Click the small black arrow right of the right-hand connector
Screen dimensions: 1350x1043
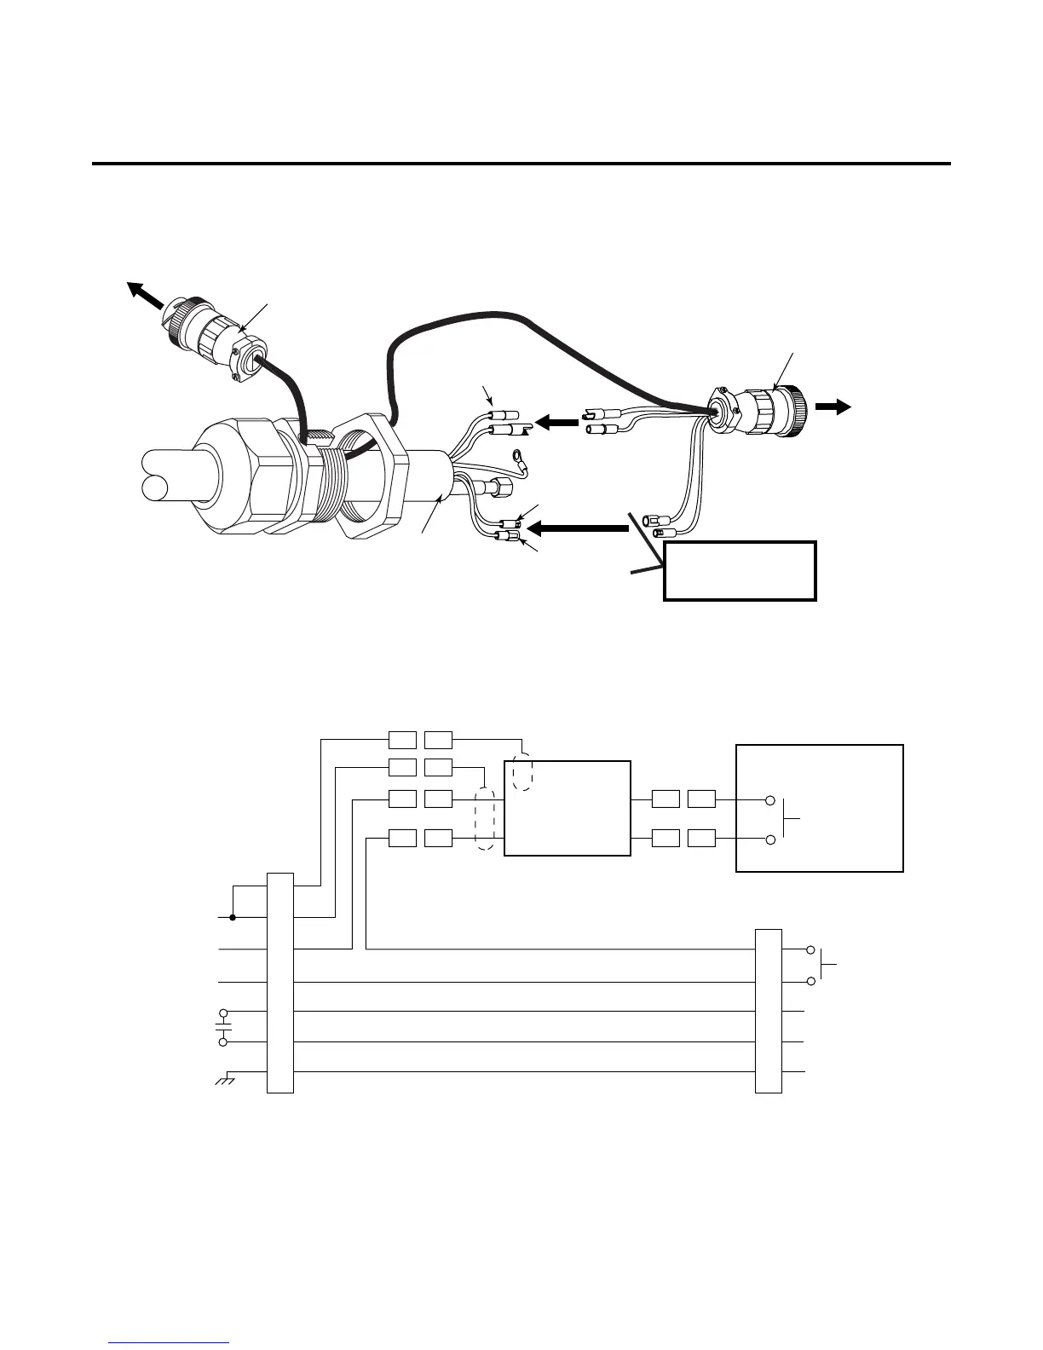click(833, 407)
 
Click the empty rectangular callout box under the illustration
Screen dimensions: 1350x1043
click(740, 570)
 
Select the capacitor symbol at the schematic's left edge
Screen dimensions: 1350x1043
click(223, 1027)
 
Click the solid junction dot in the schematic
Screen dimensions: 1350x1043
click(233, 918)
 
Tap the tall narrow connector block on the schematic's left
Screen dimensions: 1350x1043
click(280, 982)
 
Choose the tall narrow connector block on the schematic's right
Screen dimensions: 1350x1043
click(769, 1010)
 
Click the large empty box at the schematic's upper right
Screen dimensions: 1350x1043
click(819, 808)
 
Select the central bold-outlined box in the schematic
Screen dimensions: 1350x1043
click(568, 808)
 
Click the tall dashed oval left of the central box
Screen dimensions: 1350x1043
click(486, 818)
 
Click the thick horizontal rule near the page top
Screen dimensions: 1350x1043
click(521, 163)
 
